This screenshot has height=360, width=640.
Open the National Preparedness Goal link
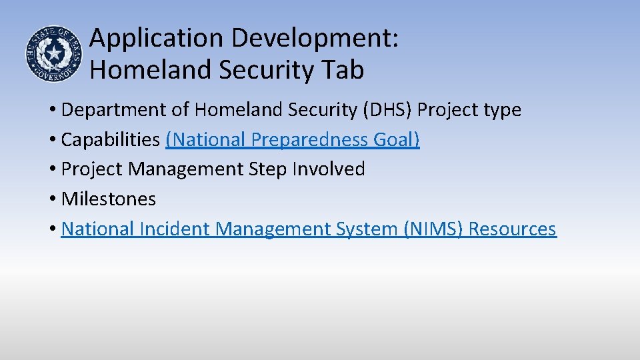coord(293,140)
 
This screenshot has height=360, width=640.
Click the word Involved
coord(329,169)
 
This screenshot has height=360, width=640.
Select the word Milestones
coord(108,199)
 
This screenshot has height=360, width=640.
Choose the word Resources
coord(512,229)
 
